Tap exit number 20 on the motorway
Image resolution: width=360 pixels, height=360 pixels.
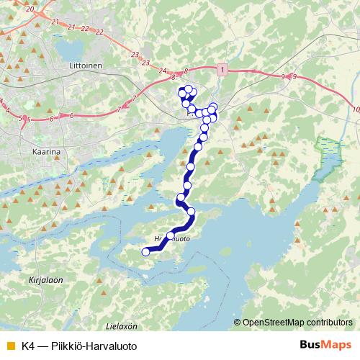pos(30,9)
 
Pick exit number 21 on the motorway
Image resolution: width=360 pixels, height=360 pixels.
pos(71,26)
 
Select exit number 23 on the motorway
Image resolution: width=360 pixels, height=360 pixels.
pos(135,55)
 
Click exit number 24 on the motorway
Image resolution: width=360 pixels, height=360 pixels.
pos(163,71)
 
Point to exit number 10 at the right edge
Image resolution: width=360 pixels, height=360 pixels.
pos(357,109)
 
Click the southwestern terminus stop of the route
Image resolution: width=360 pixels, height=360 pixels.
pos(145,252)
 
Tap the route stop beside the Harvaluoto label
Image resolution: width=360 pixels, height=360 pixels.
pos(171,235)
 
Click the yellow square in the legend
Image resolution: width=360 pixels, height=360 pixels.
pos(9,346)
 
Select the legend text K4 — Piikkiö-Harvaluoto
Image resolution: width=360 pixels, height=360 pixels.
pos(78,346)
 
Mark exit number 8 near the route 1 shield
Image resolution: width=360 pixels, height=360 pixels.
pos(186,71)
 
